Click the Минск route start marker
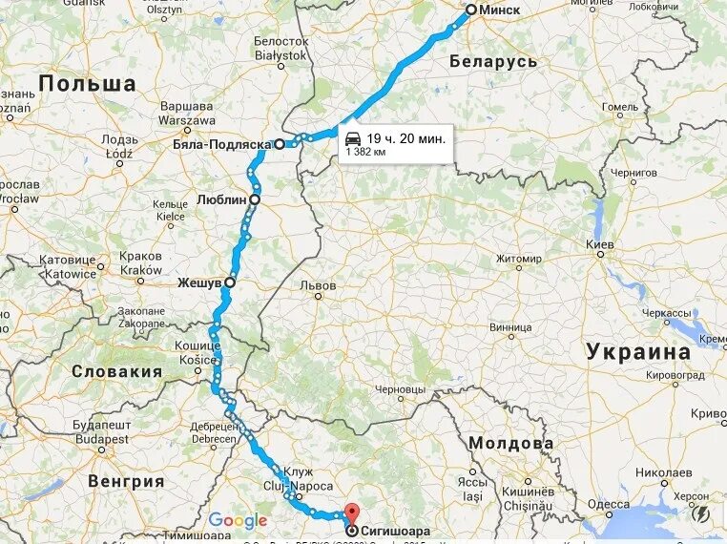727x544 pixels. coord(470,10)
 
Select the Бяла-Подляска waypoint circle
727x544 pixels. coord(280,145)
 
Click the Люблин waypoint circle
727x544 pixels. coord(255,199)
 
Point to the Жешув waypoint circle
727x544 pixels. coord(229,282)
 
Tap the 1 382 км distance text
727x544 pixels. coord(365,152)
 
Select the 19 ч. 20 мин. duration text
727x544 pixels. coord(405,138)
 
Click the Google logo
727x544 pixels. coord(238,520)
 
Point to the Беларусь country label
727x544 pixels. coord(493,61)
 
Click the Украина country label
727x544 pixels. coord(638,350)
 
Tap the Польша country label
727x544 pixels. coord(88,83)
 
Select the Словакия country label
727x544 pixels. coord(117,371)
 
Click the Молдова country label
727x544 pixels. coord(510,444)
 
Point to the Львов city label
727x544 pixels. coord(318,285)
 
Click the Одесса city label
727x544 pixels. coord(609,504)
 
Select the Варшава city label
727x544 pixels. coord(186,106)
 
